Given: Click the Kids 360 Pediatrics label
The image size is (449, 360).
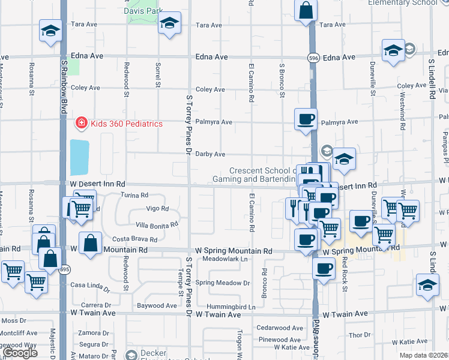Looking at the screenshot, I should [x=127, y=124].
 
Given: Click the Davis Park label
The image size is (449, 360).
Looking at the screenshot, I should [x=143, y=11].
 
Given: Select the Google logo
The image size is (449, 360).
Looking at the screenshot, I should [x=20, y=353].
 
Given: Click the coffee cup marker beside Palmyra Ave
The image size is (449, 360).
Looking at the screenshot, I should [x=306, y=119].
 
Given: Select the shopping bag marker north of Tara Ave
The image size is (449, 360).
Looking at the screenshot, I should [x=306, y=11].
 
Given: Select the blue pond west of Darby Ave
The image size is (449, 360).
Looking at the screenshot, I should [x=79, y=157].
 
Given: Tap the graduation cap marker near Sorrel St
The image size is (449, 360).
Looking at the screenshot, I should [x=170, y=24].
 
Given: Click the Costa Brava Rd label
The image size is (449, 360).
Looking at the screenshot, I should [x=135, y=239].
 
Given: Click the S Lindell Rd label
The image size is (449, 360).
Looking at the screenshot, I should [x=432, y=78].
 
